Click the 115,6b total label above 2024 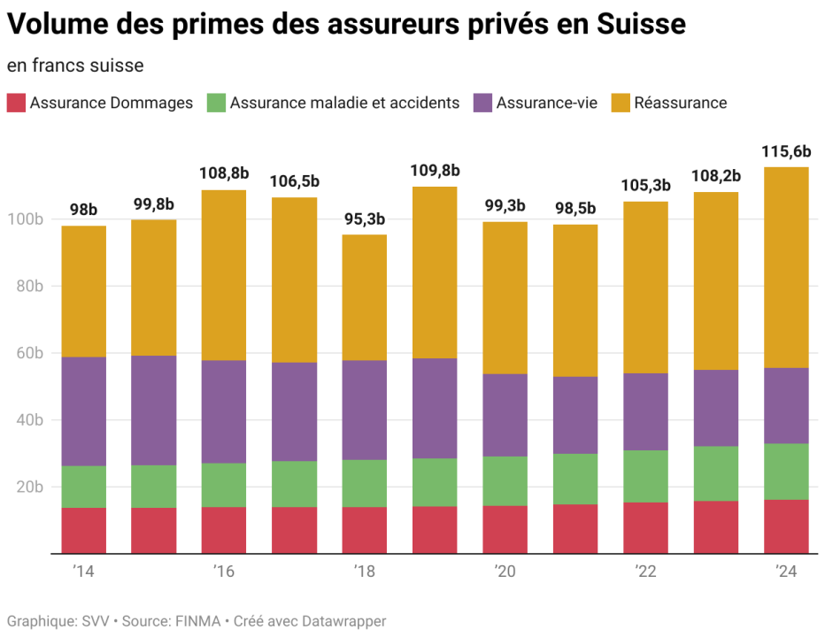[786, 151]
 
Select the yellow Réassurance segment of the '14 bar [83, 292]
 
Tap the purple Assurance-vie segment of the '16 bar [224, 411]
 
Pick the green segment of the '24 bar [786, 472]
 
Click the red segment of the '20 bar [505, 529]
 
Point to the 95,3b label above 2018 [365, 219]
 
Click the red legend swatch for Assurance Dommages [16, 103]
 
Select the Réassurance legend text [680, 103]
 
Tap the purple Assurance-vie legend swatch [482, 103]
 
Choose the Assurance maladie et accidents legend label [344, 103]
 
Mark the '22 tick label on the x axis [645, 572]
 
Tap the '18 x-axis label [365, 572]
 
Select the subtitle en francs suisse [75, 65]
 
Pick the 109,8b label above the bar [435, 170]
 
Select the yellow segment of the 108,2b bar [715, 280]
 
